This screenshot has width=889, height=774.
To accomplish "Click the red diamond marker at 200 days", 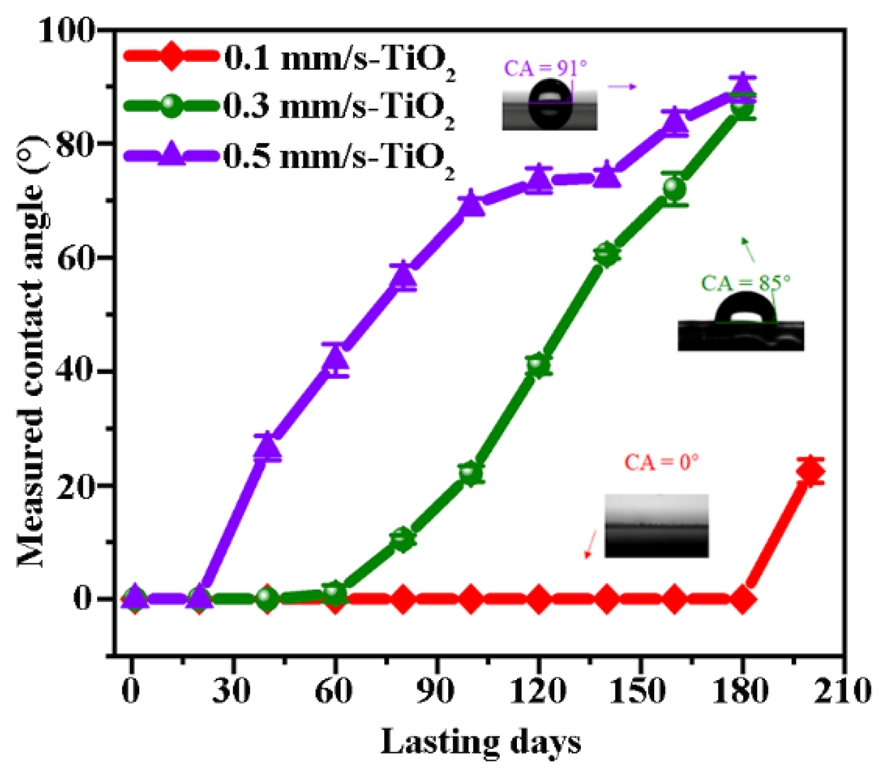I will pyautogui.click(x=811, y=472).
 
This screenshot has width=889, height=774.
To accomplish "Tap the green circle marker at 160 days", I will pyautogui.click(x=674, y=188).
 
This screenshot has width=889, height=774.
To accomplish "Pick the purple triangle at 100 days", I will pyautogui.click(x=471, y=203).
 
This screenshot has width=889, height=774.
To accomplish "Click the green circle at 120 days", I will pyautogui.click(x=538, y=364).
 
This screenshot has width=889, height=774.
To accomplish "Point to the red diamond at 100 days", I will pyautogui.click(x=471, y=599).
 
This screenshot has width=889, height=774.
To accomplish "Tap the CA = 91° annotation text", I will pyautogui.click(x=545, y=69).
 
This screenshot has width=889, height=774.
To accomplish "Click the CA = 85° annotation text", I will pyautogui.click(x=745, y=283).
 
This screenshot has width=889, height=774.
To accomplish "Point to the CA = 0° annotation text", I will pyautogui.click(x=661, y=462).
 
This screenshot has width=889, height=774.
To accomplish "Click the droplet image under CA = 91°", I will pyautogui.click(x=550, y=105).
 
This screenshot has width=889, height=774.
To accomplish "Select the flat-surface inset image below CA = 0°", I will pyautogui.click(x=657, y=525).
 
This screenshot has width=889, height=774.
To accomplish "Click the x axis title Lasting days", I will pyautogui.click(x=481, y=742).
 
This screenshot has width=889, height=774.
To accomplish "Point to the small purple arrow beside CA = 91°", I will pyautogui.click(x=622, y=87).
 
